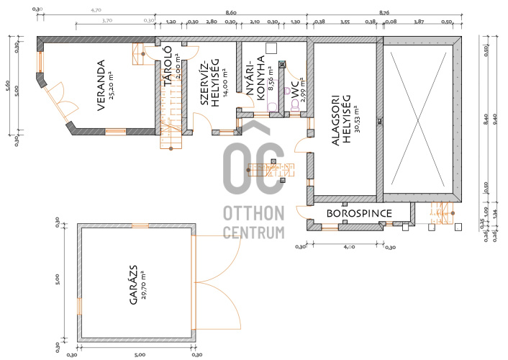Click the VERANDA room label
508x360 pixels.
click(x=101, y=85)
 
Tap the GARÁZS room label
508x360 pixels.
click(x=134, y=285)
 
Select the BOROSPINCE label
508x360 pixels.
click(x=359, y=213)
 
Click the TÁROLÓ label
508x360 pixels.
click(x=168, y=66)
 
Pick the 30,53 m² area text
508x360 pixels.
click(x=357, y=120)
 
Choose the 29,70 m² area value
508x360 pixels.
click(x=144, y=285)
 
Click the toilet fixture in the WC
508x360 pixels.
click(x=295, y=104)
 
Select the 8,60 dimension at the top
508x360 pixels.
click(x=231, y=13)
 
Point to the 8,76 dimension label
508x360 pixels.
click(x=384, y=13)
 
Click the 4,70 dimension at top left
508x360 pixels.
click(x=96, y=10)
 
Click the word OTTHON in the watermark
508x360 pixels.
click(x=254, y=213)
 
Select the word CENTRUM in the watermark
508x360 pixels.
click(x=254, y=233)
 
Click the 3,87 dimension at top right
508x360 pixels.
click(x=419, y=22)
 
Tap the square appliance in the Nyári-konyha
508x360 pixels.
click(x=271, y=48)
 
